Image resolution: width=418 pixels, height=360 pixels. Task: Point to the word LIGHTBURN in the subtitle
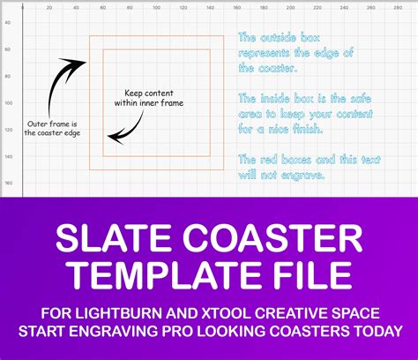pyautogui.click(x=118, y=313)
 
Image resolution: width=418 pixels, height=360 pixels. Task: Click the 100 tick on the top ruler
pyautogui.click(x=156, y=8)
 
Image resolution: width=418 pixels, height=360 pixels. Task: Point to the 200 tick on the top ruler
pyautogui.click(x=290, y=8)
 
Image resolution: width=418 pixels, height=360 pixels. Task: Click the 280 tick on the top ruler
pyautogui.click(x=398, y=8)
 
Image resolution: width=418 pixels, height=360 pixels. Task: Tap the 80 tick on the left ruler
pyautogui.click(x=8, y=77)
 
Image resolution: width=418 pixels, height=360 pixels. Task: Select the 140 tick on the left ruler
pyautogui.click(x=8, y=157)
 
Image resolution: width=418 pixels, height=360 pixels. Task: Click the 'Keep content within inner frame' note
pyautogui.click(x=149, y=98)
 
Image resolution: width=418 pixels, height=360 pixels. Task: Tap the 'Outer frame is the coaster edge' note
pyautogui.click(x=52, y=129)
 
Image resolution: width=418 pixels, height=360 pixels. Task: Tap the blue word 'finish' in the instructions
pyautogui.click(x=308, y=130)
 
